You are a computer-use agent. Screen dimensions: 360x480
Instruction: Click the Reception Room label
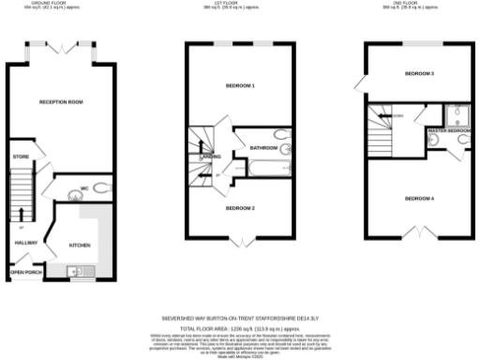click(62, 101)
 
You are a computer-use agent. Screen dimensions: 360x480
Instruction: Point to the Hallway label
click(25, 243)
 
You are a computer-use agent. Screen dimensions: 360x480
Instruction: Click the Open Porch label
click(25, 274)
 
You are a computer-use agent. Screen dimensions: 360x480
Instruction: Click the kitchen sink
click(78, 273)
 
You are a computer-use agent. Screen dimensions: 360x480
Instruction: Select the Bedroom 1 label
click(241, 86)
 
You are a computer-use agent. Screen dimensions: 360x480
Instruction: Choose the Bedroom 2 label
click(241, 208)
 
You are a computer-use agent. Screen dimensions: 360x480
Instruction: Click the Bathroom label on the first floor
click(262, 147)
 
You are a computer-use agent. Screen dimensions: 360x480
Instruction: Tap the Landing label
click(211, 157)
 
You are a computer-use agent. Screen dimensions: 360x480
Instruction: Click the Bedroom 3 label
click(419, 73)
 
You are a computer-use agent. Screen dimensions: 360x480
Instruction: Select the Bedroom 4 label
click(419, 198)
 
